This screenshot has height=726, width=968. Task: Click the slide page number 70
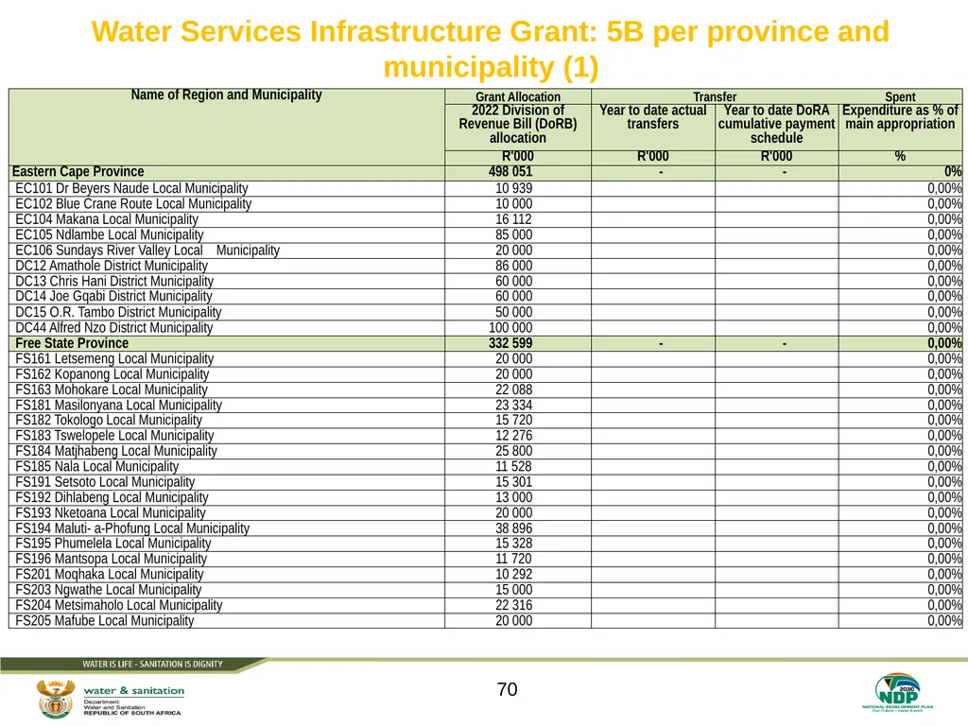[x=507, y=689]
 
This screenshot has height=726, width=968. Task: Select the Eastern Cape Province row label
[x=78, y=172]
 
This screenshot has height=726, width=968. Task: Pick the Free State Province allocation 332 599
[x=510, y=343]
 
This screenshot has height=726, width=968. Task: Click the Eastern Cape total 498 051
[x=510, y=172]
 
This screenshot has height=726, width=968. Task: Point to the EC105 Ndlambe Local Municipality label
[x=110, y=234]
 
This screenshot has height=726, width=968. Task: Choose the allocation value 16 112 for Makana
[x=513, y=219]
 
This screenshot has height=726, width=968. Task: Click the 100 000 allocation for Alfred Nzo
[x=510, y=328]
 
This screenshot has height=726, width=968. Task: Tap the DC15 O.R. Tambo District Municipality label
[x=118, y=312]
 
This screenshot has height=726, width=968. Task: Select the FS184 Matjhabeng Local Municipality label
[x=116, y=451]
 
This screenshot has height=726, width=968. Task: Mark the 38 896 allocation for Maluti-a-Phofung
[x=513, y=528]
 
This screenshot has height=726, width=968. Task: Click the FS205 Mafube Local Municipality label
[x=105, y=621]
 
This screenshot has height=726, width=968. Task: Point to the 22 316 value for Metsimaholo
[x=513, y=606]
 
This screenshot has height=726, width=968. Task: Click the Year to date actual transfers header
[x=653, y=117]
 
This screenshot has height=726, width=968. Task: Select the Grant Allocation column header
[x=518, y=97]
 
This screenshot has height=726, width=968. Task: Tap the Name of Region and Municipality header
[x=226, y=95]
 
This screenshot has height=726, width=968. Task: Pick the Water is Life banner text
[x=152, y=665]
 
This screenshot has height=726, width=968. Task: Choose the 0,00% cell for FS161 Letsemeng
[x=944, y=358]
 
